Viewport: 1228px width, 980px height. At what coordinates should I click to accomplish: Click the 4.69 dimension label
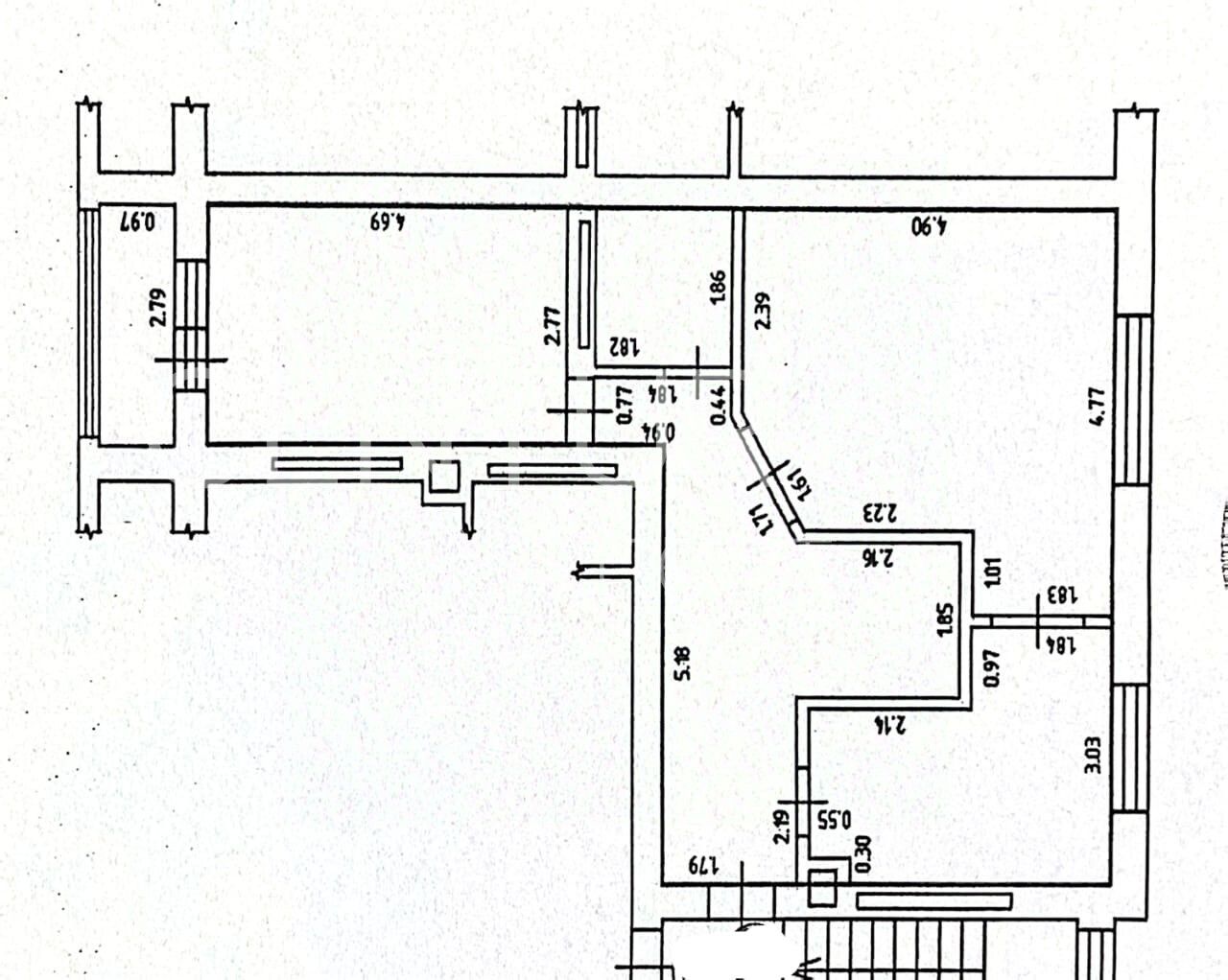pyautogui.click(x=389, y=222)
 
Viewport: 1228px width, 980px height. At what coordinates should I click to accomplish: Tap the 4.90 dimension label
pyautogui.click(x=929, y=226)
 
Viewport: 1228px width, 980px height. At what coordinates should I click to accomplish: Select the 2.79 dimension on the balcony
pyautogui.click(x=159, y=308)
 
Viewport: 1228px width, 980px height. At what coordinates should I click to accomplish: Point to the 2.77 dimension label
pyautogui.click(x=551, y=325)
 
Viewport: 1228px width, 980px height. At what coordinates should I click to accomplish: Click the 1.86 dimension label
pyautogui.click(x=717, y=287)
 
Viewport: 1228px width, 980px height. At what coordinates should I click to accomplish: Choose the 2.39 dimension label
pyautogui.click(x=763, y=310)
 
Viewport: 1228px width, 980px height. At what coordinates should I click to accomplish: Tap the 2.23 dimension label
pyautogui.click(x=879, y=512)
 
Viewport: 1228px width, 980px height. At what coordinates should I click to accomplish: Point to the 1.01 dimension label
pyautogui.click(x=993, y=572)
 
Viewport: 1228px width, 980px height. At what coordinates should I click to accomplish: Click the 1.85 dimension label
pyautogui.click(x=944, y=619)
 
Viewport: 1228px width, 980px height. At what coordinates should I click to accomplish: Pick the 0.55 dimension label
pyautogui.click(x=835, y=821)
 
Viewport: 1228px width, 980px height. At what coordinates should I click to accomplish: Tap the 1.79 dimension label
pyautogui.click(x=702, y=865)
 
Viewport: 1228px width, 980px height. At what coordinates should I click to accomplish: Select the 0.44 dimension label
pyautogui.click(x=717, y=404)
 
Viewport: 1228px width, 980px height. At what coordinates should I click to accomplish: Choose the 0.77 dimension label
pyautogui.click(x=623, y=404)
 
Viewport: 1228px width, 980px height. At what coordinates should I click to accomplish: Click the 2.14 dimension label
pyautogui.click(x=890, y=726)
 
